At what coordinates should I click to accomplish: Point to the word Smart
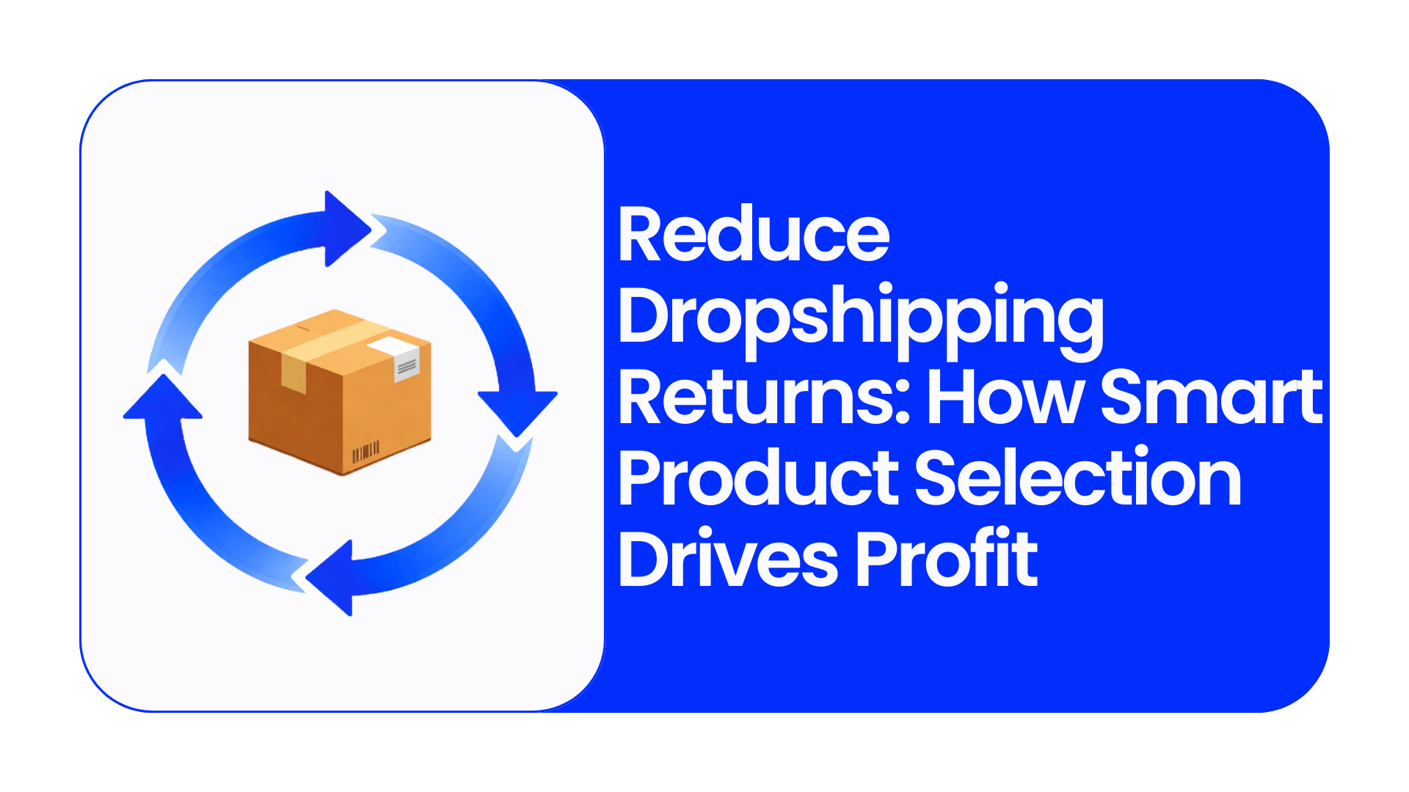click(1212, 397)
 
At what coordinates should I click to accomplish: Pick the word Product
click(759, 477)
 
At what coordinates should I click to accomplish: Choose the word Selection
click(1078, 477)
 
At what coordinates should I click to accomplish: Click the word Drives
click(728, 558)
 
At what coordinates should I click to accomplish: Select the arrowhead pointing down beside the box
click(517, 415)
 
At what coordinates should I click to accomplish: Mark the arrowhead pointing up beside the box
click(162, 398)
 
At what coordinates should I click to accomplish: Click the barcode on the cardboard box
click(365, 452)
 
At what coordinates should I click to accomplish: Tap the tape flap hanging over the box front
click(294, 375)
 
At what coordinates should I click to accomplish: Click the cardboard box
click(340, 392)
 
